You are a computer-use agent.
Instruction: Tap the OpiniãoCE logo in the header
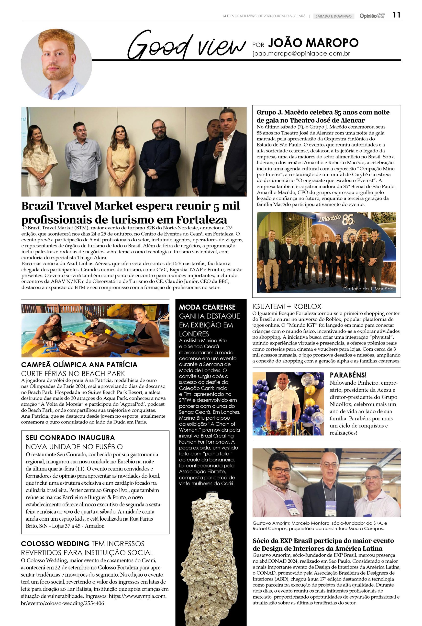[x=372, y=16]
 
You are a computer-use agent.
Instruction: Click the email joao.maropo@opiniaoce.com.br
[x=301, y=54]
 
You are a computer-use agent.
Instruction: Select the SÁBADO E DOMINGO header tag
[x=333, y=16]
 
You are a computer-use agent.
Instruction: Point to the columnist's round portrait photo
[x=56, y=65]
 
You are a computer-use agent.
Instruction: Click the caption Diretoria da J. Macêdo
[x=368, y=289]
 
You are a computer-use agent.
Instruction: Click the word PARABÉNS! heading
[x=348, y=375]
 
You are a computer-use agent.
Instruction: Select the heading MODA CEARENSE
[x=207, y=307]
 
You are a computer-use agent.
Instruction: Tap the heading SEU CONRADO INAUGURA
[x=70, y=438]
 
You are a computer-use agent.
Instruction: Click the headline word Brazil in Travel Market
[x=38, y=206]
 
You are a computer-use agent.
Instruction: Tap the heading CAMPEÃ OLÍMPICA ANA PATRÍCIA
[x=79, y=365]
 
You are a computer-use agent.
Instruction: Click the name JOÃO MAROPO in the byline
[x=313, y=43]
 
